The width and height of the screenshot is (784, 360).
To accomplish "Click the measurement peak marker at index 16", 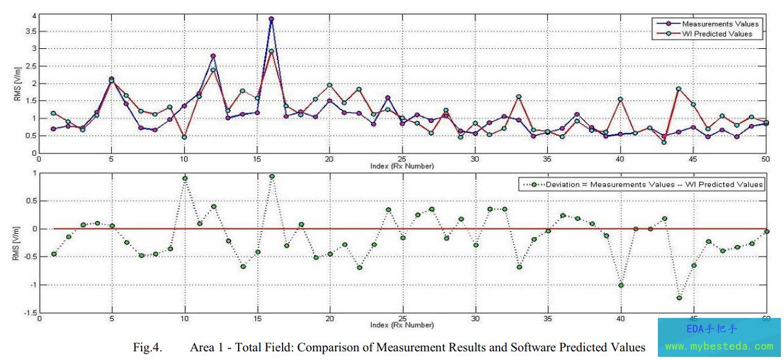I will [x=271, y=19].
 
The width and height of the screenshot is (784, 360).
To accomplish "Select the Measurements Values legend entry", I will [x=720, y=24].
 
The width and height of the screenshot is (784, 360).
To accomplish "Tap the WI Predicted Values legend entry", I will [x=717, y=33].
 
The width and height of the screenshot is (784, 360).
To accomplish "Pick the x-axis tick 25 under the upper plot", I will [x=403, y=159].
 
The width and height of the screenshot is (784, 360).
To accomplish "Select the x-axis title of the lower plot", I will [x=403, y=325].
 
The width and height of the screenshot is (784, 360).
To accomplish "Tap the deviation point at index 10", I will [x=184, y=179].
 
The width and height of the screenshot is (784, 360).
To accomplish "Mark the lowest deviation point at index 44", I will [x=679, y=298].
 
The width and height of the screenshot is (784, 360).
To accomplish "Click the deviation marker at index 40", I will [x=621, y=285].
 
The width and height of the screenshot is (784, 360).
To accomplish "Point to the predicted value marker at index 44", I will [x=679, y=88].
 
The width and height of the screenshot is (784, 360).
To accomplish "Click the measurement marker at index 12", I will [x=213, y=56].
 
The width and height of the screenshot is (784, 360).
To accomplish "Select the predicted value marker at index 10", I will [x=184, y=137].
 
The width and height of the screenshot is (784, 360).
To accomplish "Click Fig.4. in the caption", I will [x=147, y=348].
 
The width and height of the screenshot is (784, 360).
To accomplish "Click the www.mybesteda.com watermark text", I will [x=719, y=346].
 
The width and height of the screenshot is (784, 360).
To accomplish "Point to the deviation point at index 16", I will [x=271, y=176].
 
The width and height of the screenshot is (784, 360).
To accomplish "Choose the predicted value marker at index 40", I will [x=621, y=99].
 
